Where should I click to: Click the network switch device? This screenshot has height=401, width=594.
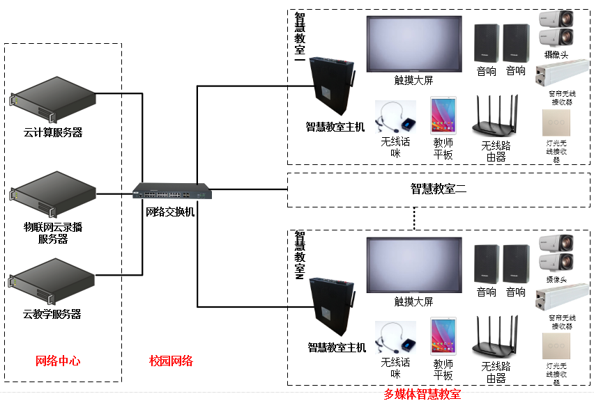pos(173,191)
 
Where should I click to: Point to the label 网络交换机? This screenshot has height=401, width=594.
pos(170,212)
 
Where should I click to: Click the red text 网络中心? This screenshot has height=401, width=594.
pos(58,361)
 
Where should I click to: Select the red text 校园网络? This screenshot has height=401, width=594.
pos(171,361)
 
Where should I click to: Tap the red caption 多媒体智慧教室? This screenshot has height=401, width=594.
pos(422,394)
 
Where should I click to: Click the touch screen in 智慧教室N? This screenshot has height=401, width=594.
pos(414,265)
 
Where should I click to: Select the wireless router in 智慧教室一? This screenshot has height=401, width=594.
pos(496,116)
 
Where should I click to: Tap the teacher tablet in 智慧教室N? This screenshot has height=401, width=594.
pos(443,337)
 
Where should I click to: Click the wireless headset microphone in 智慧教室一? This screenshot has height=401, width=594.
pos(395,118)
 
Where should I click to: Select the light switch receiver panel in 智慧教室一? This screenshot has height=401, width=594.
pos(556,123)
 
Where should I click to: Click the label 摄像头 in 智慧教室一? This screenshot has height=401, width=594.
pos(556,54)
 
